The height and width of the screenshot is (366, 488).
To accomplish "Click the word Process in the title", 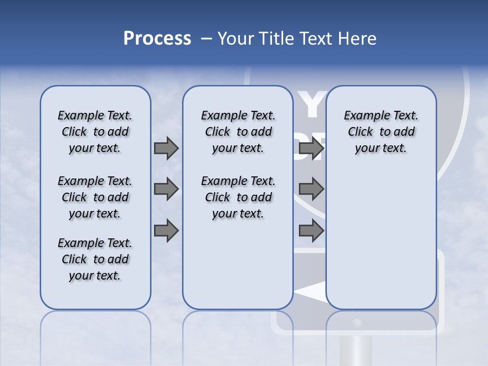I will (157, 38).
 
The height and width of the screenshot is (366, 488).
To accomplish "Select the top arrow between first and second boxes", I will (166, 148).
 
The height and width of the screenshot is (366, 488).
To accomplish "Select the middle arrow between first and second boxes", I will (166, 189).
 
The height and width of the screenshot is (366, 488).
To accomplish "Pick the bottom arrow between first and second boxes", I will (166, 231).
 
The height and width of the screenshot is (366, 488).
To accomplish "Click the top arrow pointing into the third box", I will (311, 148).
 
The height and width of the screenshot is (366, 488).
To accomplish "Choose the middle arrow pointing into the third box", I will (311, 189).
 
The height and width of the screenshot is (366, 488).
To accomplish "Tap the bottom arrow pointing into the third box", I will (311, 231).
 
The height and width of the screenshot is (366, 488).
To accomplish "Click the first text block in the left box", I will (95, 132).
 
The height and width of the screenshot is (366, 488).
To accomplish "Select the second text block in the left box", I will (95, 197).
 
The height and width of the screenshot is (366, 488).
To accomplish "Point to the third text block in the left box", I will (95, 259).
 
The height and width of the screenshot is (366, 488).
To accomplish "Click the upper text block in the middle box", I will (238, 132).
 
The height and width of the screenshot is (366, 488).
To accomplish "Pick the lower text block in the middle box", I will (238, 197).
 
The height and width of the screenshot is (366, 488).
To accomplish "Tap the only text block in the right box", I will (381, 132).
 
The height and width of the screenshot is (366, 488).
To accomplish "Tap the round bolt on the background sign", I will (357, 323).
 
